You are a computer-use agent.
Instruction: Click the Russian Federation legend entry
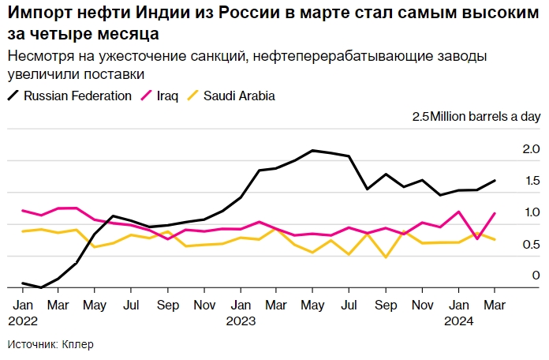[x=77, y=96]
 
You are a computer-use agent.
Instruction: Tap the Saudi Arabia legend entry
[x=238, y=96]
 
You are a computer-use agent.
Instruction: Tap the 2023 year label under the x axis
[x=240, y=320]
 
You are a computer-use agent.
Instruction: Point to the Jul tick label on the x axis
[x=131, y=305]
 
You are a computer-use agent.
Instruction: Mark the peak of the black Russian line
[x=314, y=150]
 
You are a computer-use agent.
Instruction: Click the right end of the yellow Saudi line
[x=495, y=239]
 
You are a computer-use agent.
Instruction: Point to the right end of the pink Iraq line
[x=495, y=213]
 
